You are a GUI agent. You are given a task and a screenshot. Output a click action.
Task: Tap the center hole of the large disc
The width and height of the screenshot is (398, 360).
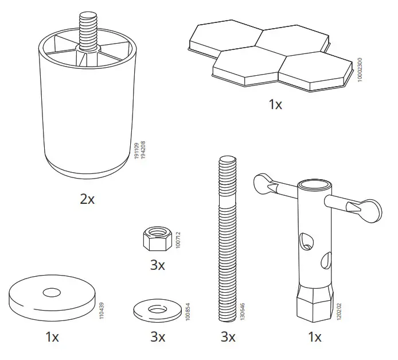click(x=52, y=293)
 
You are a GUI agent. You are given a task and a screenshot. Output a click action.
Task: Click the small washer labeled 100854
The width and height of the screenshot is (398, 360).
click(x=155, y=311)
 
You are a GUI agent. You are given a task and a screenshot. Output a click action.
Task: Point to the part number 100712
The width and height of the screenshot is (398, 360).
click(x=178, y=239)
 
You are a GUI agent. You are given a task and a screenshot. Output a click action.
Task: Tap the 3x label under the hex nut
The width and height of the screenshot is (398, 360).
click(x=157, y=265)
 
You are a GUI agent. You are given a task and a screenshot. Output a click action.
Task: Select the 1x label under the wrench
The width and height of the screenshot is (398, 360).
click(x=315, y=337)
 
